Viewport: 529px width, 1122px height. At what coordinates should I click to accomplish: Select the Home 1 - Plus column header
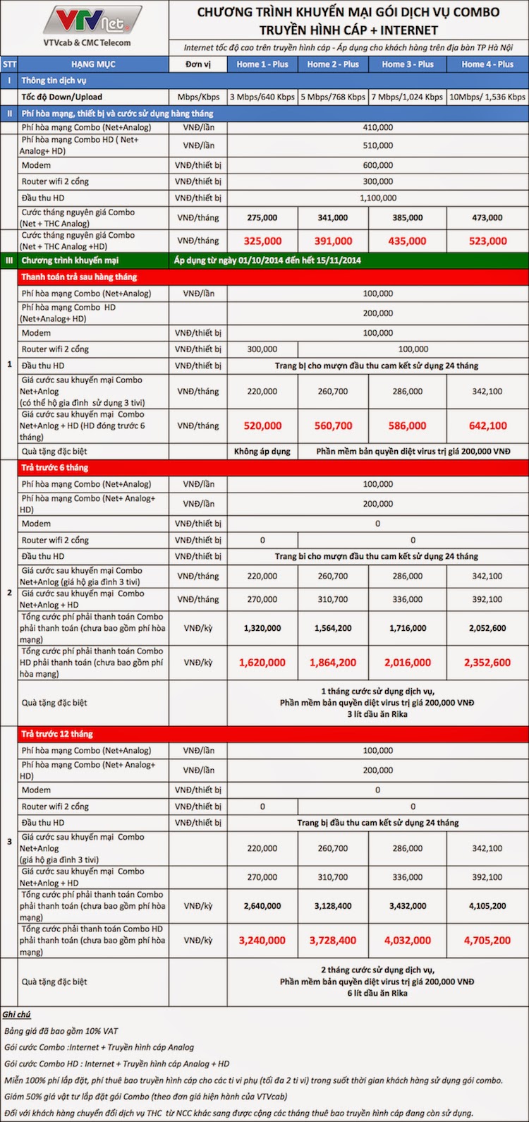coord(262,64)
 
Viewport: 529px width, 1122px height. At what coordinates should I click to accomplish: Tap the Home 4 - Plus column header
coord(487,64)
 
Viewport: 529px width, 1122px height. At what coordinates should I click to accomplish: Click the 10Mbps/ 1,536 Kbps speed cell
coord(487,97)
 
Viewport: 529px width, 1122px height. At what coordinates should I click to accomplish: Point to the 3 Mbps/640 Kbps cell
coord(262,97)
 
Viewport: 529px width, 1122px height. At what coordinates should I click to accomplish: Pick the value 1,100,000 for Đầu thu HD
coord(377,198)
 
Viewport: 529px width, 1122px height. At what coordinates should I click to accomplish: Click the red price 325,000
coord(262,241)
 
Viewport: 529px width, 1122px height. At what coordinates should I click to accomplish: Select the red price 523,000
coord(487,241)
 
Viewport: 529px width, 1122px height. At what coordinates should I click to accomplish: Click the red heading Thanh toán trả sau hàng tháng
coord(79,277)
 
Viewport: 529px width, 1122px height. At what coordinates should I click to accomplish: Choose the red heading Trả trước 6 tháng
coord(55,468)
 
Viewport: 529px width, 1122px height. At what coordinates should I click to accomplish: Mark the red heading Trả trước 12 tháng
coord(57,735)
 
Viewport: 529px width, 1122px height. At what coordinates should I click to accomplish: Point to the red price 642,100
coord(487,426)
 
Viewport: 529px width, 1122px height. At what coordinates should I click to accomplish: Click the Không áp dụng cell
coord(262,452)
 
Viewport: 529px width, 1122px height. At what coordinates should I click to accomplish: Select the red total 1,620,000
coord(262,663)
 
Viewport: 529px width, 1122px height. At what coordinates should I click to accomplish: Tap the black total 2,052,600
coord(487,628)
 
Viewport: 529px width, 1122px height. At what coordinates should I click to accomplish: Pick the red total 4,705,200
coord(487,941)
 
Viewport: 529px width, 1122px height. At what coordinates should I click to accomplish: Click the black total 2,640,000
coord(262,906)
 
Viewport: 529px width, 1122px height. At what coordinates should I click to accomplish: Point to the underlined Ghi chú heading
coord(16,1015)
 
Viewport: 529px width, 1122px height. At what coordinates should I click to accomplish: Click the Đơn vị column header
coord(197,64)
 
